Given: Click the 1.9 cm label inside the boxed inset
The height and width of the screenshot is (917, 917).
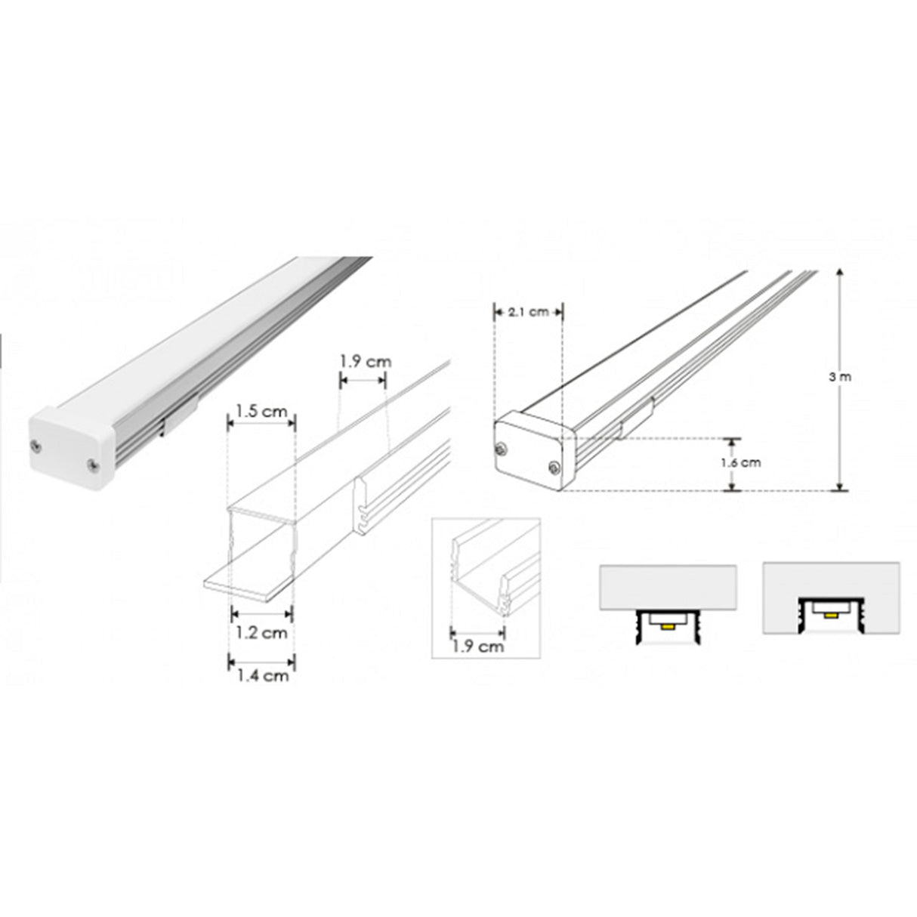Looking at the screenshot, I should pos(477,646).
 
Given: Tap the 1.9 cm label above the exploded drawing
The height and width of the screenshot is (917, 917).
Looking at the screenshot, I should pos(366,361).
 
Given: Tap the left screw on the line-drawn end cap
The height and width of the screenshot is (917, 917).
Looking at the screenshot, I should pos(501,450).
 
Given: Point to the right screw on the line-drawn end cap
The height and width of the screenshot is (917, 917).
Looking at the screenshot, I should pos(554,468).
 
